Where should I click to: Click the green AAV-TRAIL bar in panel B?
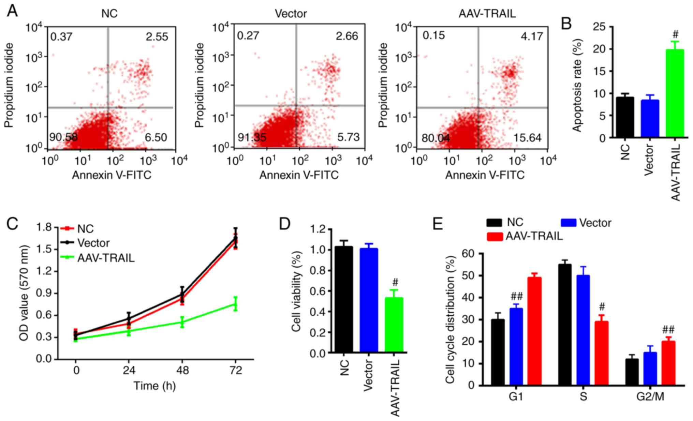click(675, 94)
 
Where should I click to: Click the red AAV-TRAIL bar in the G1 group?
click(534, 331)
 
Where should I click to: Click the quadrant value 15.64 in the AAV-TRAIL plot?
click(528, 137)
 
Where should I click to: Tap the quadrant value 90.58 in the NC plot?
click(63, 137)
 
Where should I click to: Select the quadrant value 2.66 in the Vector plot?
click(347, 36)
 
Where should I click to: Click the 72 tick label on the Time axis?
click(235, 370)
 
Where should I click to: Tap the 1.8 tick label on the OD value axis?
click(45, 227)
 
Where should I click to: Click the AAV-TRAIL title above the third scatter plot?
click(487, 13)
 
